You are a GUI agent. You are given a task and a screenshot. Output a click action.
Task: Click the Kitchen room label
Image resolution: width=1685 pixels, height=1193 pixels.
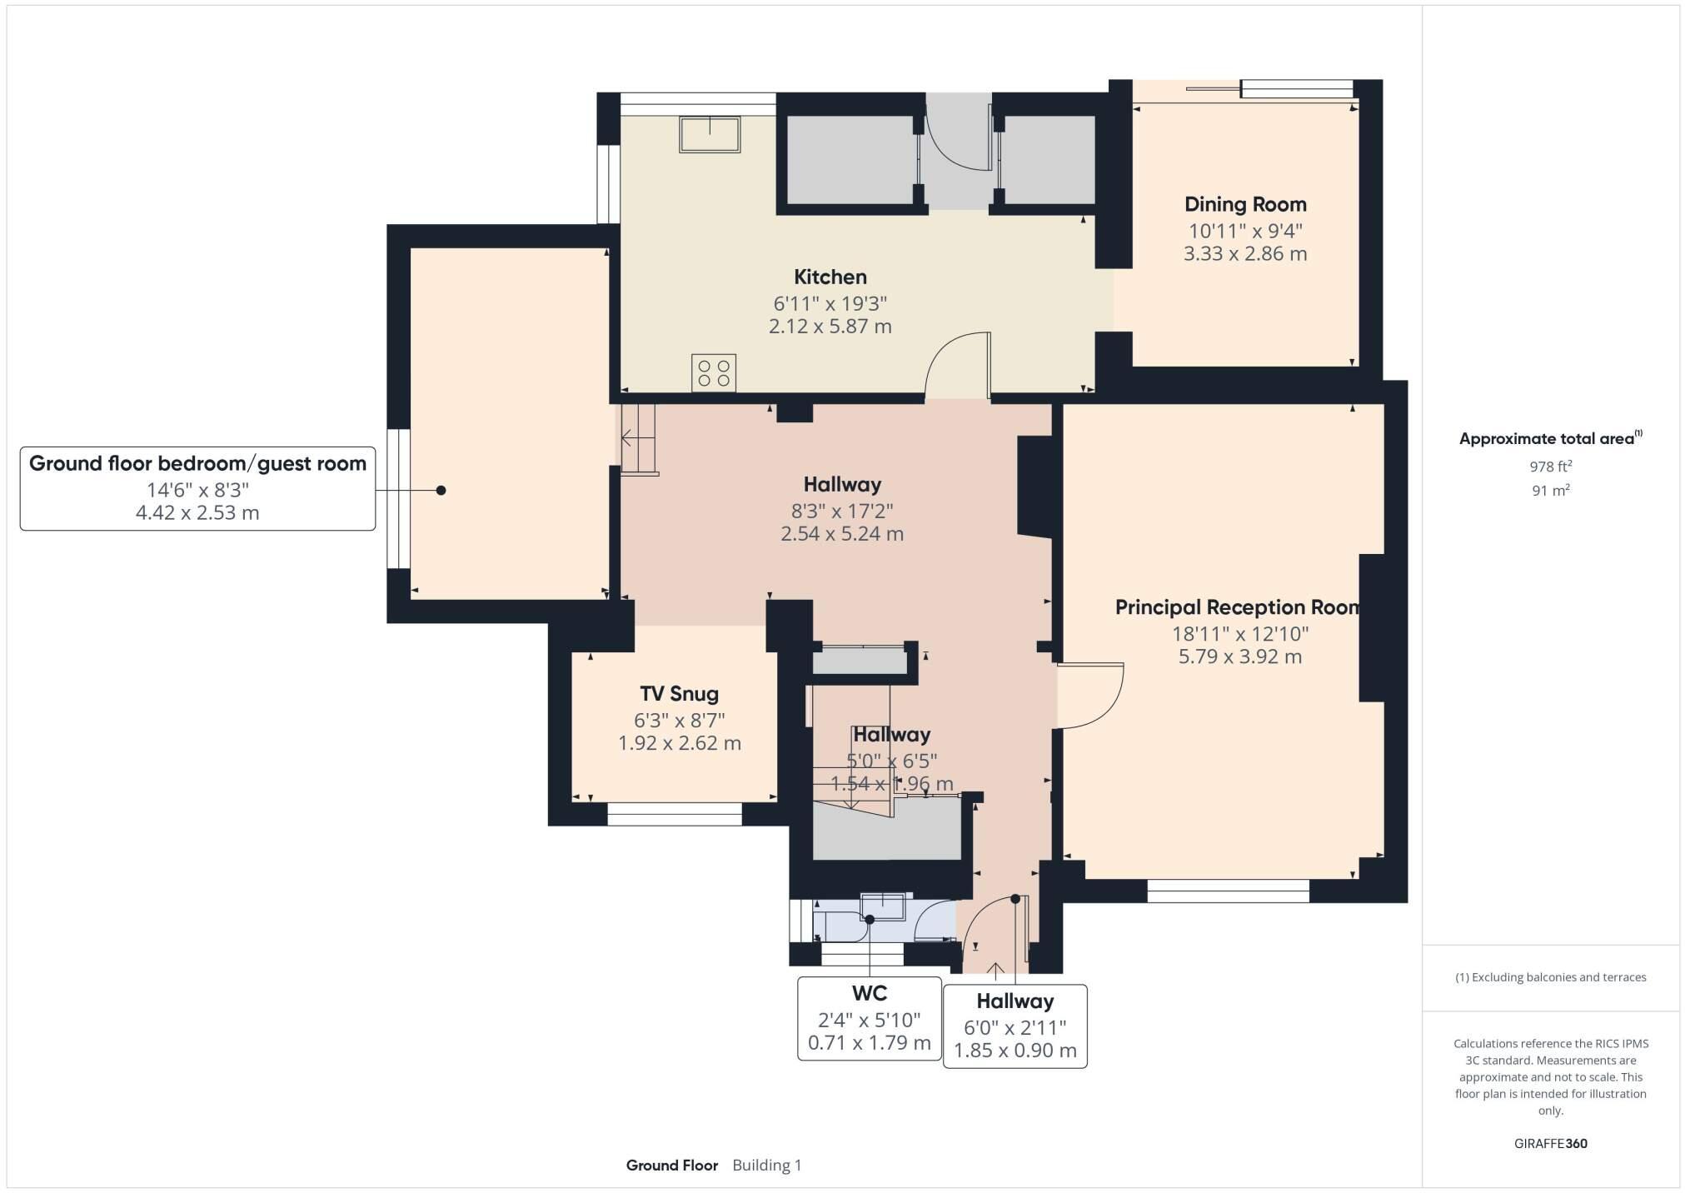click(830, 277)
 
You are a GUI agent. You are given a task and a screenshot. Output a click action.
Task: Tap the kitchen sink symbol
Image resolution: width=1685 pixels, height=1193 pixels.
click(710, 134)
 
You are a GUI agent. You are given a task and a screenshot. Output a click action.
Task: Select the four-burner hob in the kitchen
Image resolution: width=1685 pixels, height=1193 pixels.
click(714, 372)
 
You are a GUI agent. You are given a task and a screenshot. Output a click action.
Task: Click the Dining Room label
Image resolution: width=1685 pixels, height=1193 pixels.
click(1245, 204)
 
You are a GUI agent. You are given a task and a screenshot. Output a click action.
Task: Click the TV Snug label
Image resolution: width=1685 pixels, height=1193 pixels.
click(679, 694)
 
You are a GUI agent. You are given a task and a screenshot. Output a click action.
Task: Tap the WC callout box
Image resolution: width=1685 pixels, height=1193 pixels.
click(869, 1018)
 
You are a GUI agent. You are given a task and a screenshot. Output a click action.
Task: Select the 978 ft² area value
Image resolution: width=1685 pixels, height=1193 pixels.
click(1550, 467)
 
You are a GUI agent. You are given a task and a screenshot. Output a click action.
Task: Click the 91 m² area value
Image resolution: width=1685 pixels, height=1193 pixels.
click(1550, 491)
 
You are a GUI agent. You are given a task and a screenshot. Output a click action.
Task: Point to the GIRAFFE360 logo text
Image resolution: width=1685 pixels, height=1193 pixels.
click(1550, 1144)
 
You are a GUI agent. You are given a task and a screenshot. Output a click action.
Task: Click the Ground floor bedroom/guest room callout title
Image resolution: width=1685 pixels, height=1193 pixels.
click(197, 464)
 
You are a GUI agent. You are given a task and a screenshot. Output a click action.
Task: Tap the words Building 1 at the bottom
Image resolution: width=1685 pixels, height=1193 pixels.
click(766, 1166)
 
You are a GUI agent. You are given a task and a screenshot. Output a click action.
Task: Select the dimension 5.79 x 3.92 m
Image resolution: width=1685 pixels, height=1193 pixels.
click(1239, 656)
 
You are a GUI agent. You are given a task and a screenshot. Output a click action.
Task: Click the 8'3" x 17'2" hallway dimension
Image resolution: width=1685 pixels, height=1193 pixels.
click(841, 510)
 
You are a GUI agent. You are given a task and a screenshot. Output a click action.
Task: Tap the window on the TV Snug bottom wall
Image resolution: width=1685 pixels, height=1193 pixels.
click(674, 814)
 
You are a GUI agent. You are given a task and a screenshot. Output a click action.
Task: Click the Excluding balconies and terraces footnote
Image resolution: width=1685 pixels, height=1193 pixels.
click(1550, 977)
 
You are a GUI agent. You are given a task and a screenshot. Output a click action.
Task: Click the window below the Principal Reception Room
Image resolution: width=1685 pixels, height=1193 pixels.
click(1228, 891)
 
